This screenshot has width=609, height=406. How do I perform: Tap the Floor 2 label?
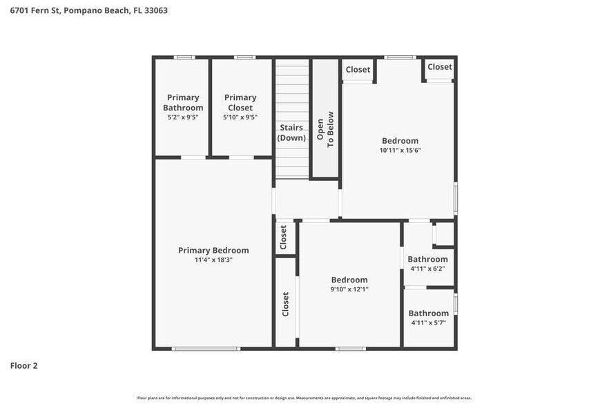coord(23,365)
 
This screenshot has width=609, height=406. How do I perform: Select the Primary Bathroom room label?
coord(183,102)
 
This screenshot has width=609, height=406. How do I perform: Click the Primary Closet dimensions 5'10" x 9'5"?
coord(240,118)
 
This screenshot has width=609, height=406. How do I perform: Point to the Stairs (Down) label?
coord(292,133)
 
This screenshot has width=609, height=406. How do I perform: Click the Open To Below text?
coord(325,128)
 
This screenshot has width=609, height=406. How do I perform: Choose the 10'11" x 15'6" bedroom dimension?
coord(400,151)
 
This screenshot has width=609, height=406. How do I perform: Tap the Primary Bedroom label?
coord(213,250)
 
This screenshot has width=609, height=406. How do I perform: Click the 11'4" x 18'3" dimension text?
coord(213,260)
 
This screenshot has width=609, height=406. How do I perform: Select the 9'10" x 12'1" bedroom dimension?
coord(349,290)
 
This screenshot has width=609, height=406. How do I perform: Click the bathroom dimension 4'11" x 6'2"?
coord(428,269)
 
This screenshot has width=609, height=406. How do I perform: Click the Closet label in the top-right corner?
coord(439,67)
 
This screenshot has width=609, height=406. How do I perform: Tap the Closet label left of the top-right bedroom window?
coord(358,69)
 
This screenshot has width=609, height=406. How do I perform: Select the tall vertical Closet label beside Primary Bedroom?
coord(285,304)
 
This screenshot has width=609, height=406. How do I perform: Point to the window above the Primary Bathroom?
coord(183,57)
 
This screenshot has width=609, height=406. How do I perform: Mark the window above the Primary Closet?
coord(244,57)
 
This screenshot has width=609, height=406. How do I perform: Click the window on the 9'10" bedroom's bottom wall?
coord(350,349)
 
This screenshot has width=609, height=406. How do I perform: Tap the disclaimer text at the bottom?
coord(304,398)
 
